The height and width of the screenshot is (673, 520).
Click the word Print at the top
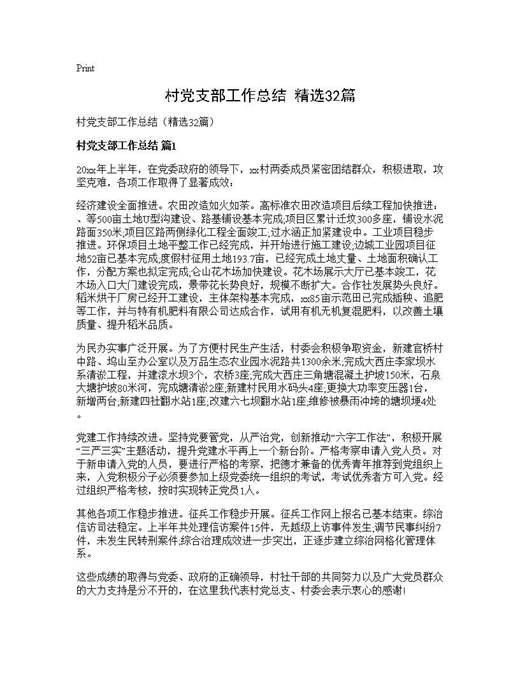85,69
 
